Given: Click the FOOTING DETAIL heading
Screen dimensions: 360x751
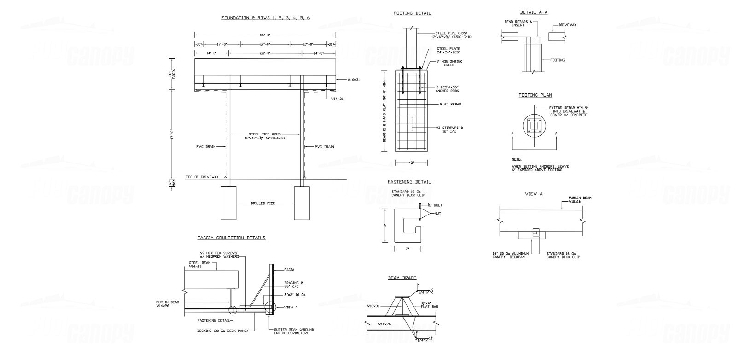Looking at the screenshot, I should (x=412, y=13).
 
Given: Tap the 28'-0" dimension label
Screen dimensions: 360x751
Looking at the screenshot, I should (x=265, y=54).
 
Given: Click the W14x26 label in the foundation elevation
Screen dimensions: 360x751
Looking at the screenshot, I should (x=338, y=99).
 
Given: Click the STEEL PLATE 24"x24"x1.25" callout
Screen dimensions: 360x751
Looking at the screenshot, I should (x=448, y=50).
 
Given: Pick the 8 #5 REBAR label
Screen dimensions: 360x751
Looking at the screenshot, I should (x=451, y=105).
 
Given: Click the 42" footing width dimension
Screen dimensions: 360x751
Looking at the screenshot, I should (x=412, y=162).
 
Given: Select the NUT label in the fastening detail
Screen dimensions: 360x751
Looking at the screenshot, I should (x=437, y=214).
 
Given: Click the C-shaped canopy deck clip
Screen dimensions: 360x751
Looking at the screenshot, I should (x=408, y=226).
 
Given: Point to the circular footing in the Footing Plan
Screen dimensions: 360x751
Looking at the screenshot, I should (x=535, y=125).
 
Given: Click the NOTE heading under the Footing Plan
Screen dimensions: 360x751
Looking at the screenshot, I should (x=516, y=159).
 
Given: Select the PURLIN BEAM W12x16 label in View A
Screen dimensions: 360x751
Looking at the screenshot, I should (x=580, y=199).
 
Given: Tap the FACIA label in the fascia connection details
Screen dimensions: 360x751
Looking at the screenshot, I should (x=289, y=270).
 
